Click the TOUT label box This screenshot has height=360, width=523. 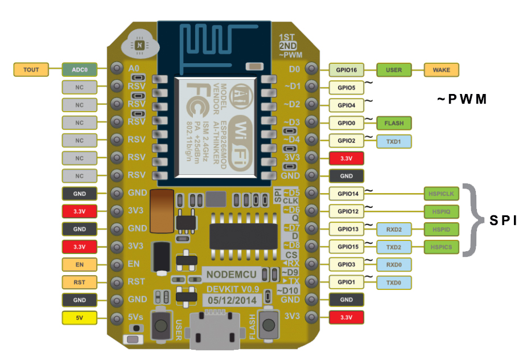31,69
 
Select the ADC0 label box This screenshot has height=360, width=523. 79,69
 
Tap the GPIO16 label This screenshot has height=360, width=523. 346,70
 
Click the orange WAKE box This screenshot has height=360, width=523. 441,70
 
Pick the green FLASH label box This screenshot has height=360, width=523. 394,123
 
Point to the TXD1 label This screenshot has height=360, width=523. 394,141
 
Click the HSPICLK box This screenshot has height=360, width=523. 441,194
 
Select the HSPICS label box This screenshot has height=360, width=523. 441,247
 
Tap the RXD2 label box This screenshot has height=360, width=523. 394,230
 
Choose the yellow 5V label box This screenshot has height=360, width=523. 79,318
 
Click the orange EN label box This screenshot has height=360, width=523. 79,264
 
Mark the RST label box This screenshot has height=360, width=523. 79,282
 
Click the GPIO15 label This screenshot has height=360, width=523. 346,247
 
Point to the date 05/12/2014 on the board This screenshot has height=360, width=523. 231,300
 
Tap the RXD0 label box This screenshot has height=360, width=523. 394,265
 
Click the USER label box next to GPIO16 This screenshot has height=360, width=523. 394,70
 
